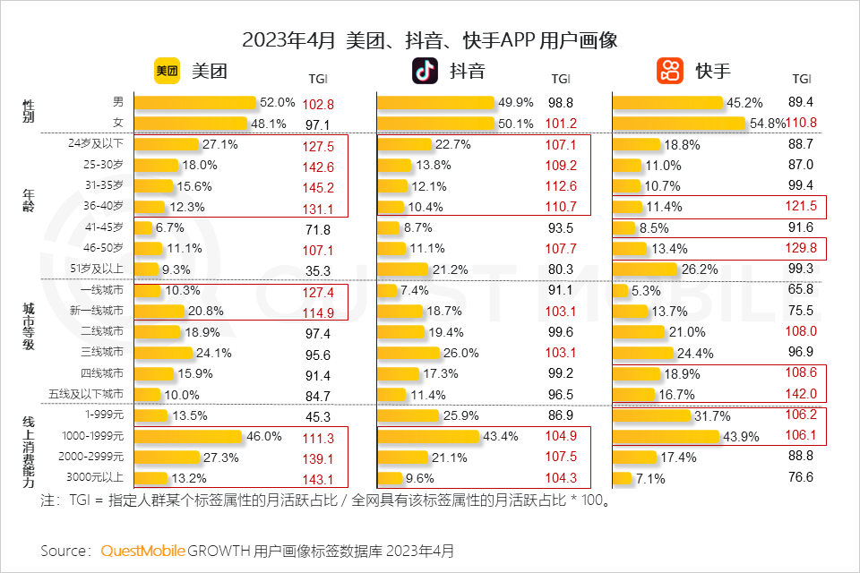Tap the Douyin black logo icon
pos(426,71)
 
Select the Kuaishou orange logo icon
pos(670,71)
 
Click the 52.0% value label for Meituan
pos(277,103)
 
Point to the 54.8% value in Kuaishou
pos(768,123)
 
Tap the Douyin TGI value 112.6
pos(560,186)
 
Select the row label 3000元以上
pos(99,477)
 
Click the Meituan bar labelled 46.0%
pos(188,436)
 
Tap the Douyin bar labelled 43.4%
pos(428,436)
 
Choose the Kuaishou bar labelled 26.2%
pos(645,269)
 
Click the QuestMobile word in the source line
pos(142,550)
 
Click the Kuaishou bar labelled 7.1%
pos(623,477)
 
